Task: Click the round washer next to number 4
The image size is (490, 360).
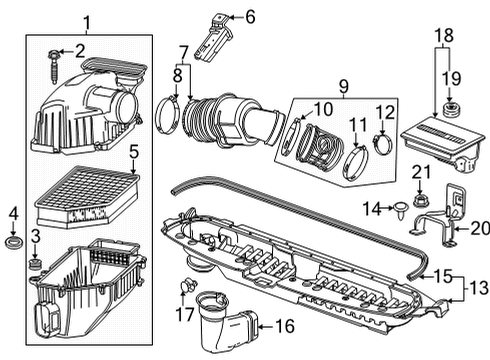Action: tap(15, 243)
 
